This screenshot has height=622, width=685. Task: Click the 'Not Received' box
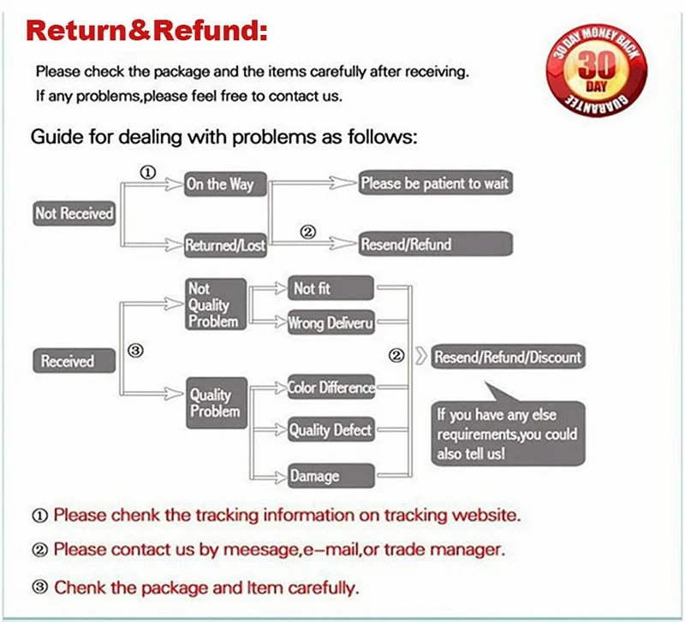click(x=74, y=213)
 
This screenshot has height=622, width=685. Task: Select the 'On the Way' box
click(x=220, y=184)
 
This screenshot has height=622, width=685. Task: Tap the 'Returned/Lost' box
click(x=225, y=246)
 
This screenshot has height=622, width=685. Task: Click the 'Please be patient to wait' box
click(x=435, y=183)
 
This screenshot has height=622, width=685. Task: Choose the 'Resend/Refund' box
click(x=435, y=245)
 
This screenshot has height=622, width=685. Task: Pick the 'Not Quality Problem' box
click(x=216, y=305)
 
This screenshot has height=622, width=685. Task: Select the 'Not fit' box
click(x=331, y=289)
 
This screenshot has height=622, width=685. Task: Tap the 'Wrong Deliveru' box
click(x=331, y=323)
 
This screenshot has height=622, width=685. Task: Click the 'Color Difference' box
click(x=331, y=388)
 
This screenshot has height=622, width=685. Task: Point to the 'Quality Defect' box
click(x=331, y=429)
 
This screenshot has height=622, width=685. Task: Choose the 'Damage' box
click(x=331, y=476)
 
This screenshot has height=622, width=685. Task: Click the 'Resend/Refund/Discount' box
click(x=508, y=357)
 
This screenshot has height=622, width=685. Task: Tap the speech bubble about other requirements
click(x=506, y=434)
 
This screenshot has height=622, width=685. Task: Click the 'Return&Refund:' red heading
click(x=146, y=32)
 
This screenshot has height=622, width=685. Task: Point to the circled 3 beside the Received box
click(x=134, y=351)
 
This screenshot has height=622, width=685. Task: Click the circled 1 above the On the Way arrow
click(x=146, y=172)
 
